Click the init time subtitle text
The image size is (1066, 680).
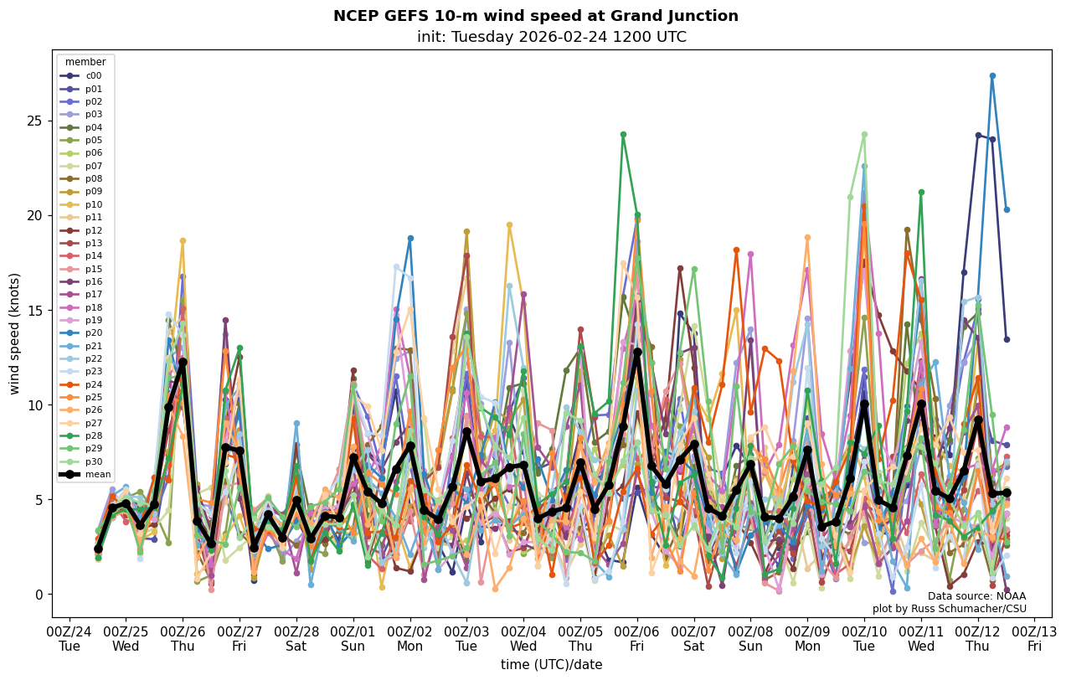click(x=551, y=37)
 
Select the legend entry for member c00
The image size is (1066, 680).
click(x=93, y=75)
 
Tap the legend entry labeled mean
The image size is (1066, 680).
click(x=97, y=474)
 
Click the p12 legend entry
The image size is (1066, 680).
click(x=93, y=230)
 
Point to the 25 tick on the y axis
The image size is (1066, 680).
click(x=35, y=121)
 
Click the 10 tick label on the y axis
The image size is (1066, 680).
click(x=35, y=405)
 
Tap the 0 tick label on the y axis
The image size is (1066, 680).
click(x=39, y=595)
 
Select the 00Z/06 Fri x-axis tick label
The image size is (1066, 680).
click(x=637, y=637)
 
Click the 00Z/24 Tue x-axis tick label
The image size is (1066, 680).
click(x=70, y=637)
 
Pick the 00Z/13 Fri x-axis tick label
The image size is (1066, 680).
click(x=1035, y=637)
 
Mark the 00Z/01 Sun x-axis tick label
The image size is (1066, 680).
click(x=353, y=637)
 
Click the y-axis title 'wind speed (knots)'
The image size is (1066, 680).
click(x=14, y=333)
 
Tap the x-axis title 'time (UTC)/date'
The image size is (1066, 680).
click(x=551, y=665)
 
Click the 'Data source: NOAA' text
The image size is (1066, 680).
click(x=976, y=596)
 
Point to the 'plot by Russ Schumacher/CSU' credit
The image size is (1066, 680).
click(x=949, y=609)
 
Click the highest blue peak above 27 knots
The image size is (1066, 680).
click(x=992, y=76)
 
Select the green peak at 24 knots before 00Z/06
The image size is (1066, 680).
click(x=623, y=134)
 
